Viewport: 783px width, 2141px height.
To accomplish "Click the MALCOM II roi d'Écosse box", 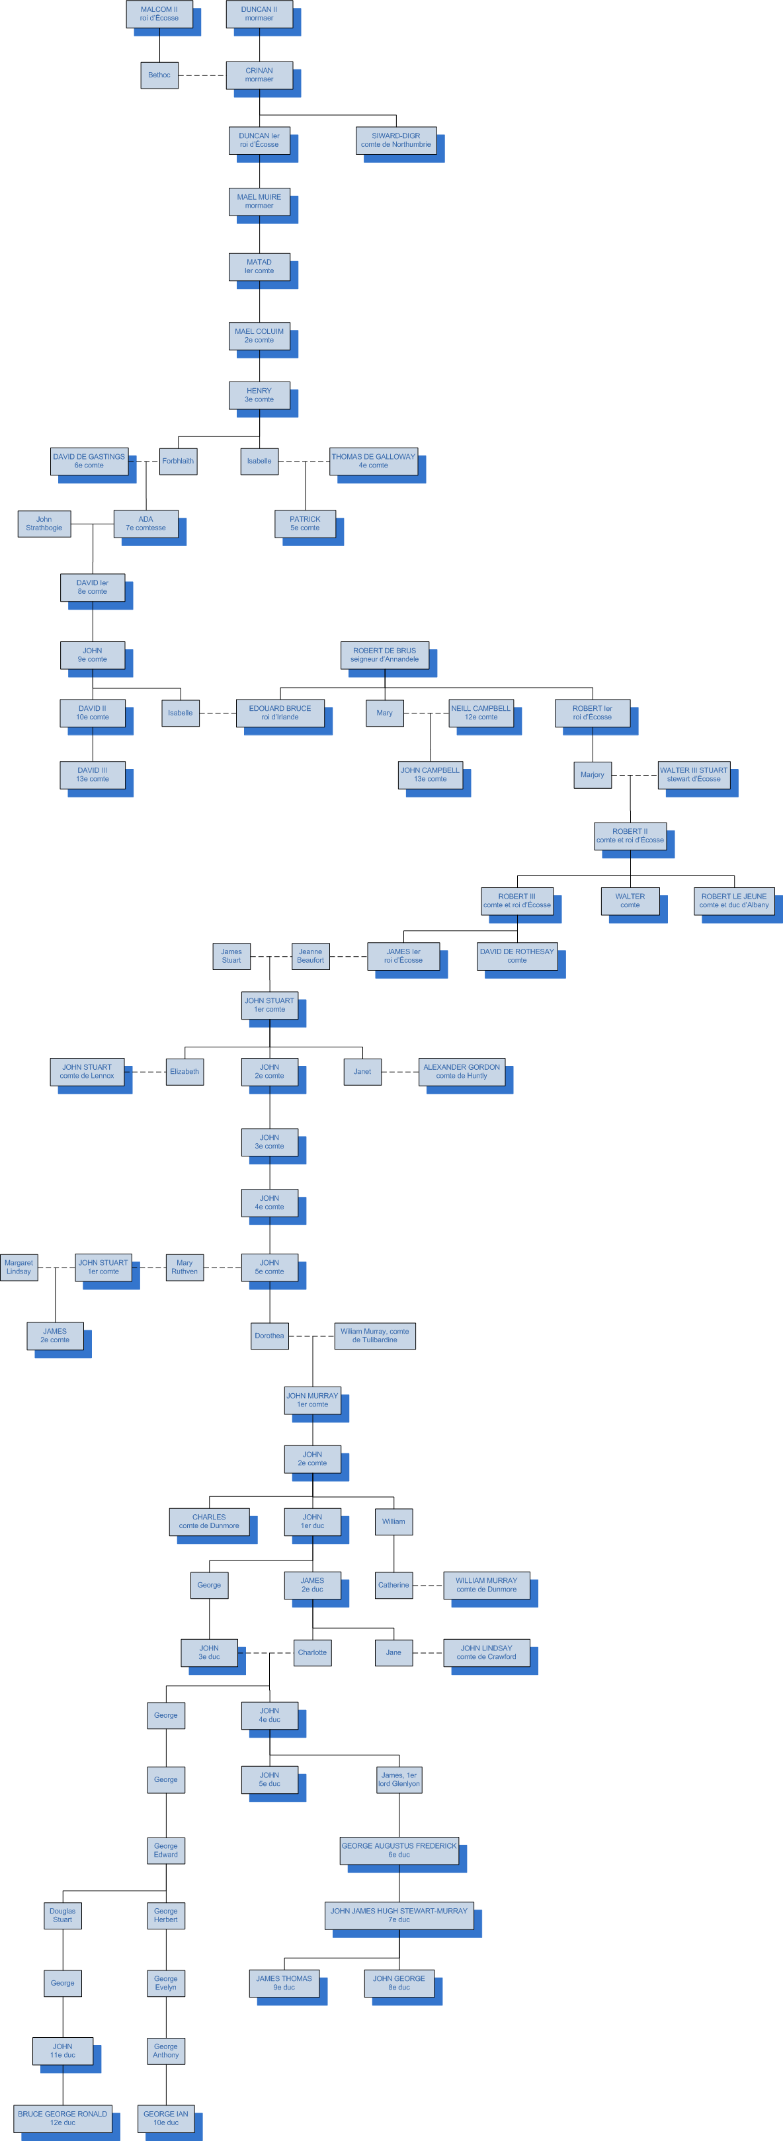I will [159, 14].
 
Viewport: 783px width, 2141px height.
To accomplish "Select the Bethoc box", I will [159, 75].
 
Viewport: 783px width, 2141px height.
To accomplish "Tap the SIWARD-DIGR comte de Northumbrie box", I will [395, 140].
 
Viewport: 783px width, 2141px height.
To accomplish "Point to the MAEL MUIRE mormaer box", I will [259, 202].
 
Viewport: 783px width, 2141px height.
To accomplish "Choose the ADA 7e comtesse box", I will [145, 524].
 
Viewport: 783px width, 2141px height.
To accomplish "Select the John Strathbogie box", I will [44, 524].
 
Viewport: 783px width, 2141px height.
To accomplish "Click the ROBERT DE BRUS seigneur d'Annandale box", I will [384, 655].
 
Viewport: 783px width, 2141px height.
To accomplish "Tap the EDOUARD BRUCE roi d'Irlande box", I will [280, 713].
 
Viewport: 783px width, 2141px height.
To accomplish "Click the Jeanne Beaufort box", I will [310, 957].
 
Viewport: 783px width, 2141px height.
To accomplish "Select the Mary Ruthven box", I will [185, 1268].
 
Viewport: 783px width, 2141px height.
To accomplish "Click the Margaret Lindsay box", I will [19, 1268].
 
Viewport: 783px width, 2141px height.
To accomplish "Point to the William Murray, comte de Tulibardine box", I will [375, 1336].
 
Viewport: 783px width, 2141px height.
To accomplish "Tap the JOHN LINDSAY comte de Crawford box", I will [486, 1652].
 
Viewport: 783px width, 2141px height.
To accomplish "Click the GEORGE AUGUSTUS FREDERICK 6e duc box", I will [399, 1850].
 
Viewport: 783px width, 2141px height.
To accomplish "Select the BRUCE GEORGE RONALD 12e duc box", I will [62, 2119].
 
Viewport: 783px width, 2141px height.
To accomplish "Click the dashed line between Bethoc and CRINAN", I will [202, 75].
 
